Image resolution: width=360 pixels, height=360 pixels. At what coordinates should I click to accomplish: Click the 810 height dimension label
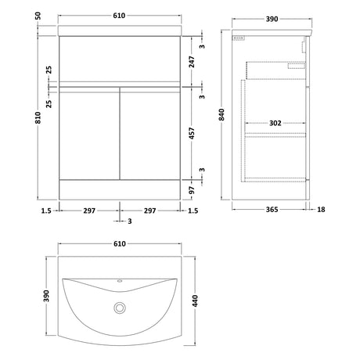click(x=38, y=117)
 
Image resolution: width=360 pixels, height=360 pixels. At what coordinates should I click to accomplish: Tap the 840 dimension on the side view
click(x=221, y=114)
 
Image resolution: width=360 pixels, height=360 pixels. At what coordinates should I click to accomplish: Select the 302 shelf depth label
click(x=275, y=123)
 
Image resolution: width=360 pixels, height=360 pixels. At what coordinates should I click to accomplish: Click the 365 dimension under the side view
click(x=272, y=210)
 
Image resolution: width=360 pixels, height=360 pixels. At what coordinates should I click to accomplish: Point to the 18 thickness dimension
click(x=321, y=210)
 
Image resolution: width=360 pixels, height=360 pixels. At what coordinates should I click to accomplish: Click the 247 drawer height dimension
click(x=192, y=62)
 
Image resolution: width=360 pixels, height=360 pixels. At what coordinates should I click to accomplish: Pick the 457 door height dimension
click(x=192, y=133)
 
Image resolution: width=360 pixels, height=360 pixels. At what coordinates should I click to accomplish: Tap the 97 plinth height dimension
click(x=192, y=190)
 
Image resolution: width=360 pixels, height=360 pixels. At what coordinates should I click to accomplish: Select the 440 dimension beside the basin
click(x=195, y=301)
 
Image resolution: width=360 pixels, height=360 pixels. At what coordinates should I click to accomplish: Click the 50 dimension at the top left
click(x=38, y=16)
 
